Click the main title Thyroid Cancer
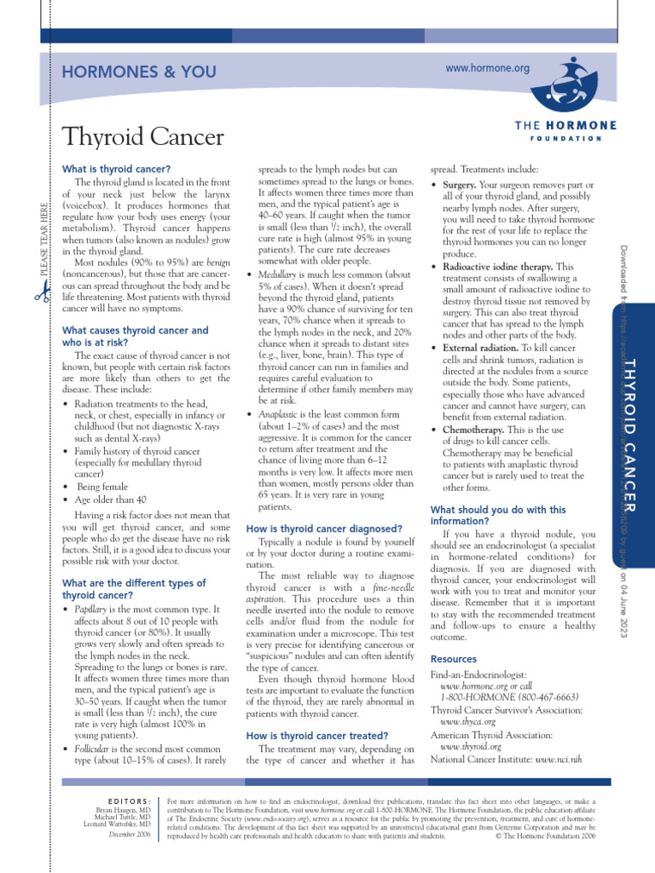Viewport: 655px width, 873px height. (x=143, y=136)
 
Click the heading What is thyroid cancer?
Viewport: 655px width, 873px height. (x=117, y=169)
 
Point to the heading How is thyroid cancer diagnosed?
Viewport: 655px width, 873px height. (x=324, y=529)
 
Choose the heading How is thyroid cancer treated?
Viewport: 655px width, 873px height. (x=317, y=735)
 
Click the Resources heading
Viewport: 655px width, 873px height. (x=454, y=659)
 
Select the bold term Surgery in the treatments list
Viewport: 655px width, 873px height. (x=460, y=184)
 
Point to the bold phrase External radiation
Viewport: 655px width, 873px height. (x=484, y=349)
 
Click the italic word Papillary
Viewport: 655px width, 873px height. (x=95, y=610)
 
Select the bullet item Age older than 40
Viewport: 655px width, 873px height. (x=110, y=500)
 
